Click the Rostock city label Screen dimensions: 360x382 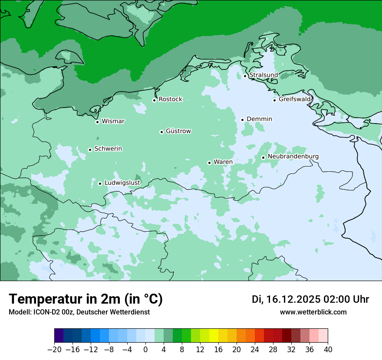click(170, 99)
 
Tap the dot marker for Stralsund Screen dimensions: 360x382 click(245, 76)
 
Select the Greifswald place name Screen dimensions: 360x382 click(295, 99)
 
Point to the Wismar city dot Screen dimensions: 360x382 click(97, 122)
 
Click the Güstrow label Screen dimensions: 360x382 click(178, 131)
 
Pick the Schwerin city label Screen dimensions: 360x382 click(108, 149)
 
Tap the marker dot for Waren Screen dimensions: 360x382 click(209, 163)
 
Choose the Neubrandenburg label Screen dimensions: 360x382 click(293, 157)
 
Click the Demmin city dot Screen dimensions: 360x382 click(242, 120)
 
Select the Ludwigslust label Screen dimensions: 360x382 click(122, 183)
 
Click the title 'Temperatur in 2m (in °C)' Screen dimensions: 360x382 click(86, 299)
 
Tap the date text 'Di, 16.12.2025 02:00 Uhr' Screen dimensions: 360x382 click(310, 299)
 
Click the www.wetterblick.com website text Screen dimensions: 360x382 click(313, 312)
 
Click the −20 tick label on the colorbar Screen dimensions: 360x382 click(54, 349)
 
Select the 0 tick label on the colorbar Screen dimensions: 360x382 click(145, 349)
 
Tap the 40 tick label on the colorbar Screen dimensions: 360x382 click(328, 349)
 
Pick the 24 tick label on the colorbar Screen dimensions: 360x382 click(255, 349)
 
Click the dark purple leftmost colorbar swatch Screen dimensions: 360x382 click(59, 336)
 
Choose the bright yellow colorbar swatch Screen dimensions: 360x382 click(214, 336)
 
